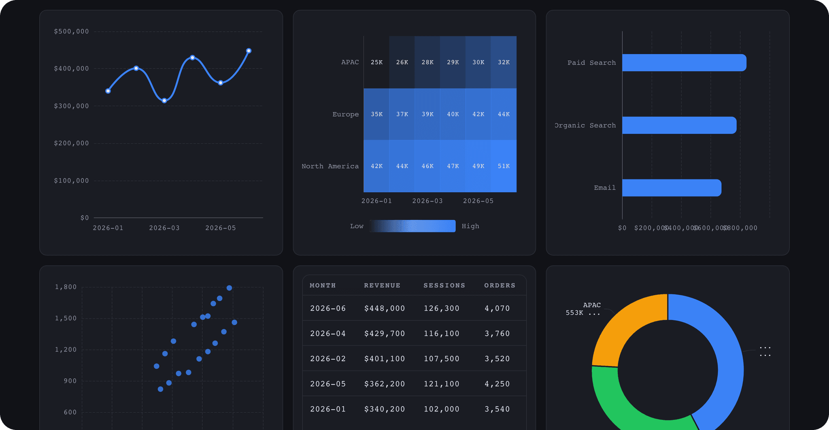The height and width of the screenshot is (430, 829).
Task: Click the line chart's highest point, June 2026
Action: [249, 51]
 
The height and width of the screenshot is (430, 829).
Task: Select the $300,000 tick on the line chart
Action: [71, 106]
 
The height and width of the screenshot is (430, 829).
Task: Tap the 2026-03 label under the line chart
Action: [164, 228]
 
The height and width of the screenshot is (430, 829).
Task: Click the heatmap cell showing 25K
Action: [376, 62]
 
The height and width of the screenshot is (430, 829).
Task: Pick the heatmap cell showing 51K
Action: [504, 166]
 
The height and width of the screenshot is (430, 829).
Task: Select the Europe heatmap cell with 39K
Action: [427, 114]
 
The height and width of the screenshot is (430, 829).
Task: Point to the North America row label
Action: [330, 166]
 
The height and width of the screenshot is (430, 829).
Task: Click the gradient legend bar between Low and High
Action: [412, 226]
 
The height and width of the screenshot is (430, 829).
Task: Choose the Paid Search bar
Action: [684, 63]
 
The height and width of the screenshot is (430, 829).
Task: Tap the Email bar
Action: [672, 188]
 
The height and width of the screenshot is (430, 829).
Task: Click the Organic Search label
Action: [585, 126]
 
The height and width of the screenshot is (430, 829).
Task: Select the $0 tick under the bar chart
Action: [622, 228]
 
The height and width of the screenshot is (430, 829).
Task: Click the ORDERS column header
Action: [500, 285]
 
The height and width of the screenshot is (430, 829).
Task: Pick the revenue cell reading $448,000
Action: [385, 309]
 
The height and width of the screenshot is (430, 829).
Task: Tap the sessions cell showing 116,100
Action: [441, 334]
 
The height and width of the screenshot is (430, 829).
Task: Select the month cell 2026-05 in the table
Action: [328, 384]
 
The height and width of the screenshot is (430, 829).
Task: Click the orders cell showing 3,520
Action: [497, 359]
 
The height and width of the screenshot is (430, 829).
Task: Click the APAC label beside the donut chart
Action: [592, 305]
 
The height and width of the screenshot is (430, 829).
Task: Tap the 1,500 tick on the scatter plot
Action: [66, 318]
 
